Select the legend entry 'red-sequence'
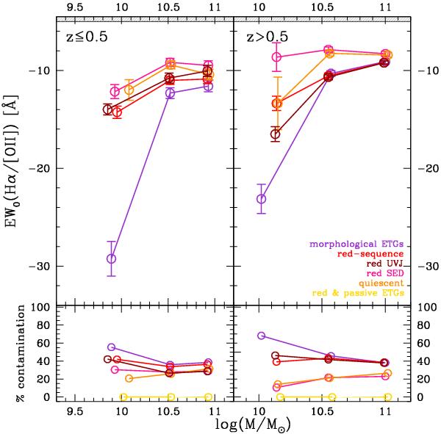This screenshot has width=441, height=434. [376, 254]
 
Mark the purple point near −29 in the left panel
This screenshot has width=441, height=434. [111, 258]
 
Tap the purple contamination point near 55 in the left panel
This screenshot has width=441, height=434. [112, 347]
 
